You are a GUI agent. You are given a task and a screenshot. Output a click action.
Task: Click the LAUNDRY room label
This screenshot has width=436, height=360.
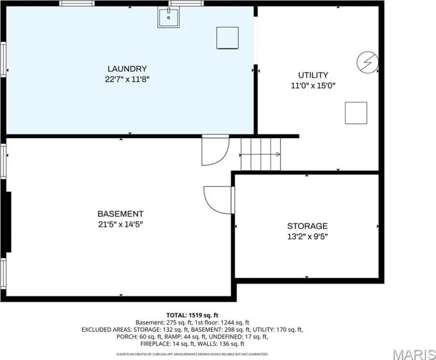point(127,69)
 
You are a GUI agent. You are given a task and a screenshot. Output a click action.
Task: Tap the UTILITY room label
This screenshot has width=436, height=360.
point(313,75)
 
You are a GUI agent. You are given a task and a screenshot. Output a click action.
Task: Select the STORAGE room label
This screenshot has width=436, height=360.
point(308,226)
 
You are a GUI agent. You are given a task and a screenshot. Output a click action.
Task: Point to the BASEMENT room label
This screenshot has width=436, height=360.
point(120,214)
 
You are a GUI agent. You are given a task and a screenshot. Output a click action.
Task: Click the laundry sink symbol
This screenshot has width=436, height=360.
point(169,17)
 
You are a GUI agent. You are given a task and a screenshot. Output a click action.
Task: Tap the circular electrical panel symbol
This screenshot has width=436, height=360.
point(368,62)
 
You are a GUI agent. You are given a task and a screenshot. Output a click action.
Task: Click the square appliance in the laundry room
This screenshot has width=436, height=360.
point(228,38)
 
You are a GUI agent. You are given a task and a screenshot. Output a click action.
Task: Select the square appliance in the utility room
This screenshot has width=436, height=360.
point(356,113)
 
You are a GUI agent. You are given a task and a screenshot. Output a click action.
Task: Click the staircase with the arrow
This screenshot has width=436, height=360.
point(260,154)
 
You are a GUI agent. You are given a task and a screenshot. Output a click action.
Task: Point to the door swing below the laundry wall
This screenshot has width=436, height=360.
point(215,150)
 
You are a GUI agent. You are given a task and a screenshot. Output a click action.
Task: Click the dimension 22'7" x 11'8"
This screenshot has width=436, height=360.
point(127,79)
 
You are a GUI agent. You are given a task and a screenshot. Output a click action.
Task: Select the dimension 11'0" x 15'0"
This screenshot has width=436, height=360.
point(313,86)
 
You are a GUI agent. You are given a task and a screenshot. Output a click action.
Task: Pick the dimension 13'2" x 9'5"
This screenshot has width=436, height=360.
point(308,237)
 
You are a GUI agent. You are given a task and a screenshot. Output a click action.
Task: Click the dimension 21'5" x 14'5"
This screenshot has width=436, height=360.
point(120,225)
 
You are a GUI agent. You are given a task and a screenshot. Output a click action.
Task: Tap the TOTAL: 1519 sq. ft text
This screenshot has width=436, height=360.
point(192,315)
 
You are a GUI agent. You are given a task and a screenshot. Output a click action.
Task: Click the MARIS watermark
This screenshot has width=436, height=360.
point(414,354)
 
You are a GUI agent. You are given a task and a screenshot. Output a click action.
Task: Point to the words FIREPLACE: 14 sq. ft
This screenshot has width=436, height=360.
point(168,344)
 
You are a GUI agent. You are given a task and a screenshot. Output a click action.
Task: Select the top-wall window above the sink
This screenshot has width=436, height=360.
point(186,3)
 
